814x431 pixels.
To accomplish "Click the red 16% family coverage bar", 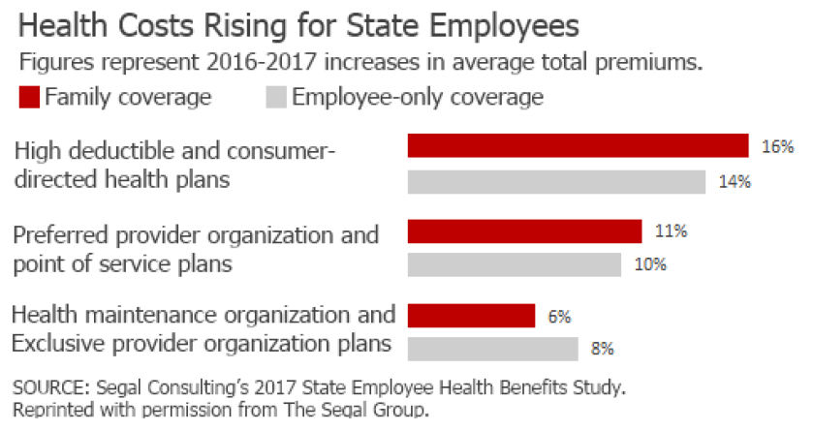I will tap(578, 146).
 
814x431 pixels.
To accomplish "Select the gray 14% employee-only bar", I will tap(556, 182).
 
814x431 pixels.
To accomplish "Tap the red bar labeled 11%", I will tap(524, 231).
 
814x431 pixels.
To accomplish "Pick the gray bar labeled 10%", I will tap(514, 264).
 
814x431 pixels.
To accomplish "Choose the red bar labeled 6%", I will tap(471, 316).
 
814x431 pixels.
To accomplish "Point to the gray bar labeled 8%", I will tap(492, 349).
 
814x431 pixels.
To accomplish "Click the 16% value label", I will tap(778, 147).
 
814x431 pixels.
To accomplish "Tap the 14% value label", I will tap(735, 182).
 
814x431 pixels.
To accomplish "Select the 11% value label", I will tap(671, 231).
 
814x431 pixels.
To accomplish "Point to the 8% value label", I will tap(603, 349).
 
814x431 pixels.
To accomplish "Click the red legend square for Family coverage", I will tap(28, 97).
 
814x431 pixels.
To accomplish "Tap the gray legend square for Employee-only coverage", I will tap(275, 97).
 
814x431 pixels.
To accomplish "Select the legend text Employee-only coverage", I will tap(418, 97).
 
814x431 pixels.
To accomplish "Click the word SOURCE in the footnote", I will tap(47, 388).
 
